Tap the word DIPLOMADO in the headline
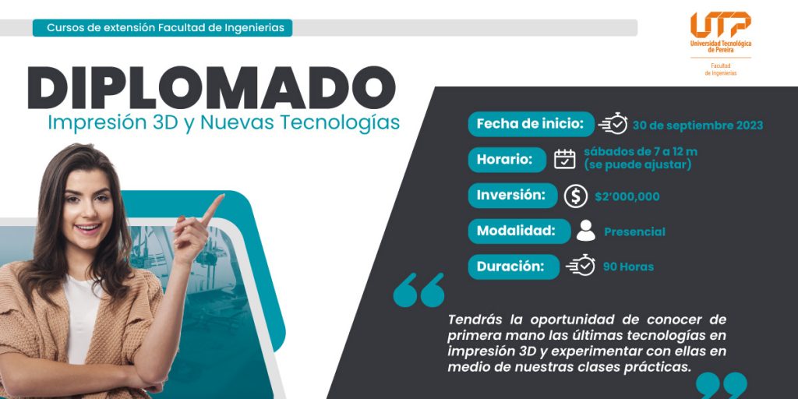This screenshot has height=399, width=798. pos(212,87)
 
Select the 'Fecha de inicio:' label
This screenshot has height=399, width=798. pos(531,124)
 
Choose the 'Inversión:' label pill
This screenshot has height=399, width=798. pos(513,196)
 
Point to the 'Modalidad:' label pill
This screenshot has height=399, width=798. pos(519,231)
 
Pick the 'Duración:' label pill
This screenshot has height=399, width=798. pos(514,267)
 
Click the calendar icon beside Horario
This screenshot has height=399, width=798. pos(564,159)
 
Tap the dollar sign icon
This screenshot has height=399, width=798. pos(576,196)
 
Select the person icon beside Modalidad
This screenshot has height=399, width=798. pos(586,231)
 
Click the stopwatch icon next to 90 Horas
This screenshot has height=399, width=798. pos(581,265)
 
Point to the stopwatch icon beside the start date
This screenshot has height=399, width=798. pos(613,124)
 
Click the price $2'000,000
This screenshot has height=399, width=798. pos(627,196)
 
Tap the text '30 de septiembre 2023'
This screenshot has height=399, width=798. pos(697,125)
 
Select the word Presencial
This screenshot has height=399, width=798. pos(634,232)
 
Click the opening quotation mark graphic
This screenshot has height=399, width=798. pos(418,290)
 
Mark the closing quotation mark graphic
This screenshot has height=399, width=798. pos(722,386)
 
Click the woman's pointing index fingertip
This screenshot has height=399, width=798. pos(221,196)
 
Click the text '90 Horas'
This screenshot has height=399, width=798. pos(629,267)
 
